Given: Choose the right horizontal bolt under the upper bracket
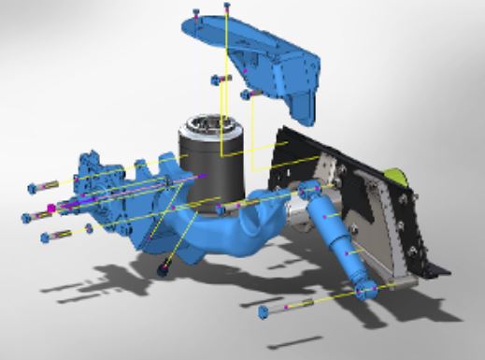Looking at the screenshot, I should [250, 94].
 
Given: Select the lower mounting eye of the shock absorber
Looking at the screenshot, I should [365, 292].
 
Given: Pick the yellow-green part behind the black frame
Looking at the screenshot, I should [397, 174].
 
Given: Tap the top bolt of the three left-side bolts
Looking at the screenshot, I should [46, 184].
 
